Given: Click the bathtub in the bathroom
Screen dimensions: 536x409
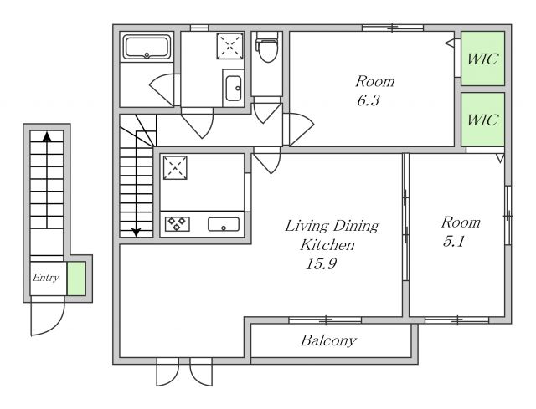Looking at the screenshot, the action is (147, 47).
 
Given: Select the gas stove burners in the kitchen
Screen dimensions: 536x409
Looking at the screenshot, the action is (177, 223).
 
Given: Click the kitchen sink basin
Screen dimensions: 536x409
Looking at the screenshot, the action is (224, 224).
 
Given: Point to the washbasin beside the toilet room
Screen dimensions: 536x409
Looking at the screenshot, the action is (234, 89).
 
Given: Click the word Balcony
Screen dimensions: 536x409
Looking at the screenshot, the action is (328, 340).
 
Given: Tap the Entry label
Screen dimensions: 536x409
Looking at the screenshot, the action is (46, 278).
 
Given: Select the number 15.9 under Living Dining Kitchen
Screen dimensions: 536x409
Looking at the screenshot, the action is (321, 263).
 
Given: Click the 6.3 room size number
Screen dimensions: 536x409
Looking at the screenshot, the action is (368, 100).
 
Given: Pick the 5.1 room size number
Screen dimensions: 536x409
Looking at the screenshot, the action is (454, 242).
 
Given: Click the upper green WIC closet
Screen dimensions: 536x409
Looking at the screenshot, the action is (482, 59).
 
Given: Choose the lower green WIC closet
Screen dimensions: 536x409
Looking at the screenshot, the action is (482, 120).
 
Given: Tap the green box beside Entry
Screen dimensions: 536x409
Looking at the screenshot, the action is (76, 279).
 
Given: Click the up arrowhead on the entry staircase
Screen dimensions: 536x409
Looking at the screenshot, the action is (47, 137).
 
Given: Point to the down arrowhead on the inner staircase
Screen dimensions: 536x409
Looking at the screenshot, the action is (137, 233).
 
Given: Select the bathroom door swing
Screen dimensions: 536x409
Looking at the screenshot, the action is (162, 89).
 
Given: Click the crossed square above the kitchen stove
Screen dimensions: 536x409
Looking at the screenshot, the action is (175, 167).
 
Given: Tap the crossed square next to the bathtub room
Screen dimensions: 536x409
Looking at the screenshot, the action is (229, 46).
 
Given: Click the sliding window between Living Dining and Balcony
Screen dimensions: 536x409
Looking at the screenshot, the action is (325, 320).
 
